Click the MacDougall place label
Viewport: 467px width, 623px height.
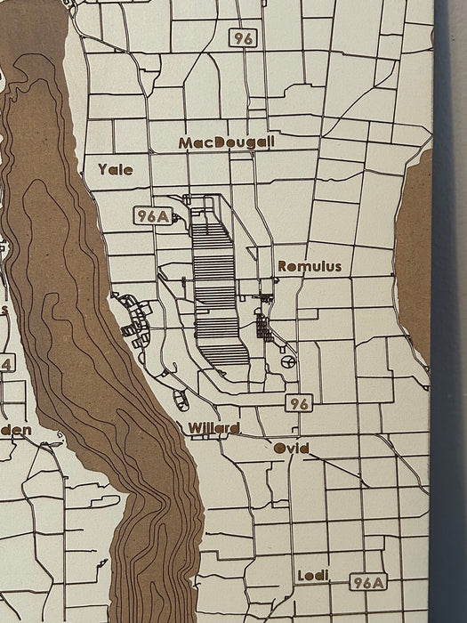[x=226, y=142]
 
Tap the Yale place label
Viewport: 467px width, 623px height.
[x=116, y=168]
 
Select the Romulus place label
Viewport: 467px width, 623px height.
[x=310, y=266]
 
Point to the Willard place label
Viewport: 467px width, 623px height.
[x=213, y=428]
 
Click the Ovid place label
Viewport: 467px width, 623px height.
[x=291, y=449]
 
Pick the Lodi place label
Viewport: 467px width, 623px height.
[x=313, y=576]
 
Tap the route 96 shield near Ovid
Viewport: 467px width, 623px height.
[x=299, y=404]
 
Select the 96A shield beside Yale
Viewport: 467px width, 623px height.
[x=152, y=216]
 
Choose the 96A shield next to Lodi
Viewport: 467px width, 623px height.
[x=367, y=583]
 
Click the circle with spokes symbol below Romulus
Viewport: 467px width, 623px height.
[x=288, y=361]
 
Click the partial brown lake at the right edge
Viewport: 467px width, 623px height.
[x=415, y=258]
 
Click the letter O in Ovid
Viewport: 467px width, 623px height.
[x=279, y=449]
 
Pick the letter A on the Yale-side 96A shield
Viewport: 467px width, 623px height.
[x=165, y=216]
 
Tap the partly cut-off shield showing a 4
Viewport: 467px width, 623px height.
[x=6, y=363]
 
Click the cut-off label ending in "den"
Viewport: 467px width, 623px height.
[x=16, y=430]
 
